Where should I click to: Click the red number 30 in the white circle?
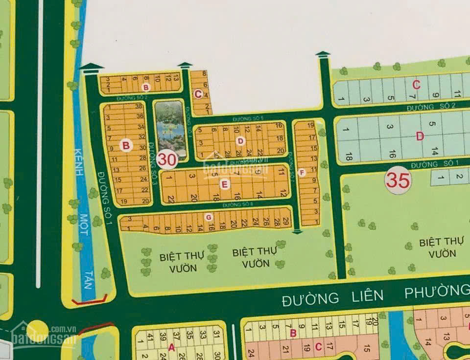coord(167,159)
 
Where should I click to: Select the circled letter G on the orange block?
coord(209,217)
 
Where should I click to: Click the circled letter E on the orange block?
coord(224,184)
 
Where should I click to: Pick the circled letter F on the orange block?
coord(302,172)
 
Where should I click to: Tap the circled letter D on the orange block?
coord(240,141)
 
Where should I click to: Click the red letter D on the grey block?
coord(420,136)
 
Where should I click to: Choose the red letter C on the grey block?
coord(416,85)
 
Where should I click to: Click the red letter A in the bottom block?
coord(171,348)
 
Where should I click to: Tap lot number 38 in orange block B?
coord(139,107)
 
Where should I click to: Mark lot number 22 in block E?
coord(171,199)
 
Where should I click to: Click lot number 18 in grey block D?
coord(349,157)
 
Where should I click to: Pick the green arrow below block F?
coord(297,231)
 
